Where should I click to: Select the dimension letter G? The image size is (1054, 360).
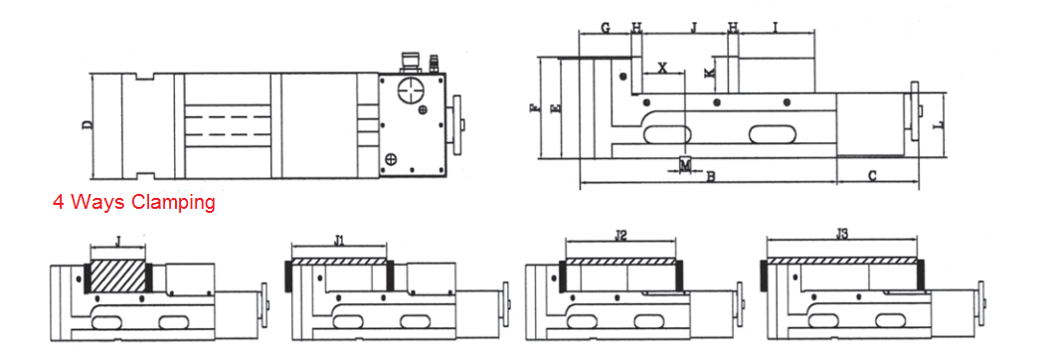tap(606, 28)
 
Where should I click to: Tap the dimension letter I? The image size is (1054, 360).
tap(775, 28)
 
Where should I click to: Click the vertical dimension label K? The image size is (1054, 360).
tap(709, 74)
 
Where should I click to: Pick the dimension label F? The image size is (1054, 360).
tap(535, 107)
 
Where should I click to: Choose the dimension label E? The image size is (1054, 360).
tap(556, 107)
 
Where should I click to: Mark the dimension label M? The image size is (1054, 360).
tap(685, 163)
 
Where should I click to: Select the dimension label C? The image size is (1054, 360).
tap(872, 176)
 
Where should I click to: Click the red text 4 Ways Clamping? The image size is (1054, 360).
tap(133, 203)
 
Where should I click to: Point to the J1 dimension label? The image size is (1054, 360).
tap(338, 240)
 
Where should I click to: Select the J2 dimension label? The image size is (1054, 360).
tap(620, 237)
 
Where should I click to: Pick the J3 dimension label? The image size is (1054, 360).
tap(841, 236)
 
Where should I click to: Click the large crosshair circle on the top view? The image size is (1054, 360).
tap(411, 92)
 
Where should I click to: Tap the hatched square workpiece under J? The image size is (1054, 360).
tap(118, 275)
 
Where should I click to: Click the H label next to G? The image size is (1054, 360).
tap(636, 28)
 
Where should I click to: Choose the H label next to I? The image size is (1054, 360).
tap(733, 28)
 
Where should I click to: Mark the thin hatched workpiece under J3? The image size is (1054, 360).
tap(841, 260)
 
